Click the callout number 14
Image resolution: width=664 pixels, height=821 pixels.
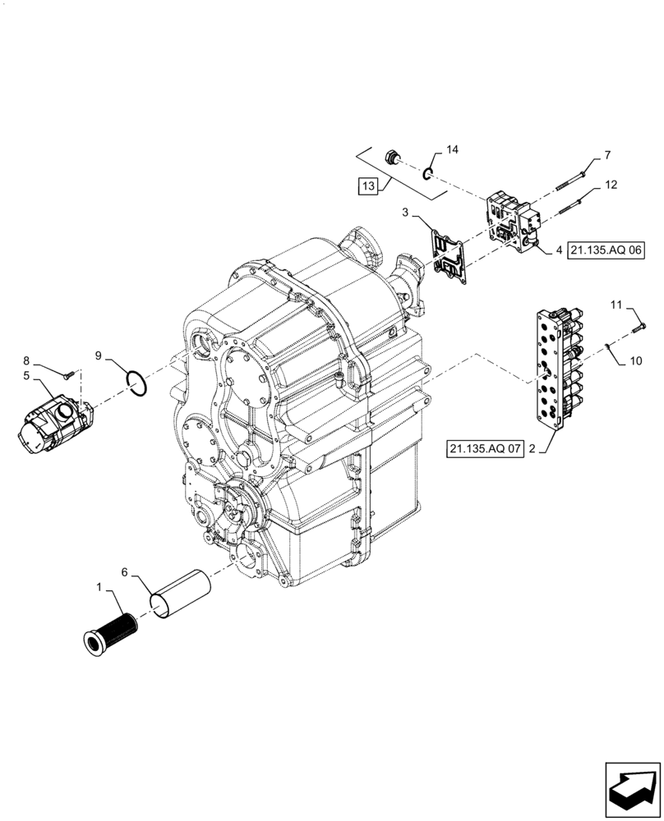452,149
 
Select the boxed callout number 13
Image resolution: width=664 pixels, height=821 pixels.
367,186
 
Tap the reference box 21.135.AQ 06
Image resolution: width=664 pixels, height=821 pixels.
605,250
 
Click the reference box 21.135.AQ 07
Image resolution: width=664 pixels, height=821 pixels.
485,449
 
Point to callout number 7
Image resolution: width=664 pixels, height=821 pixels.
607,155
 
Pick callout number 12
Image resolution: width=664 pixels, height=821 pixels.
610,186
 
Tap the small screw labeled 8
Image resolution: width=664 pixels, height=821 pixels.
70,374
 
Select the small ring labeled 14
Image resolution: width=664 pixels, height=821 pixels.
428,172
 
